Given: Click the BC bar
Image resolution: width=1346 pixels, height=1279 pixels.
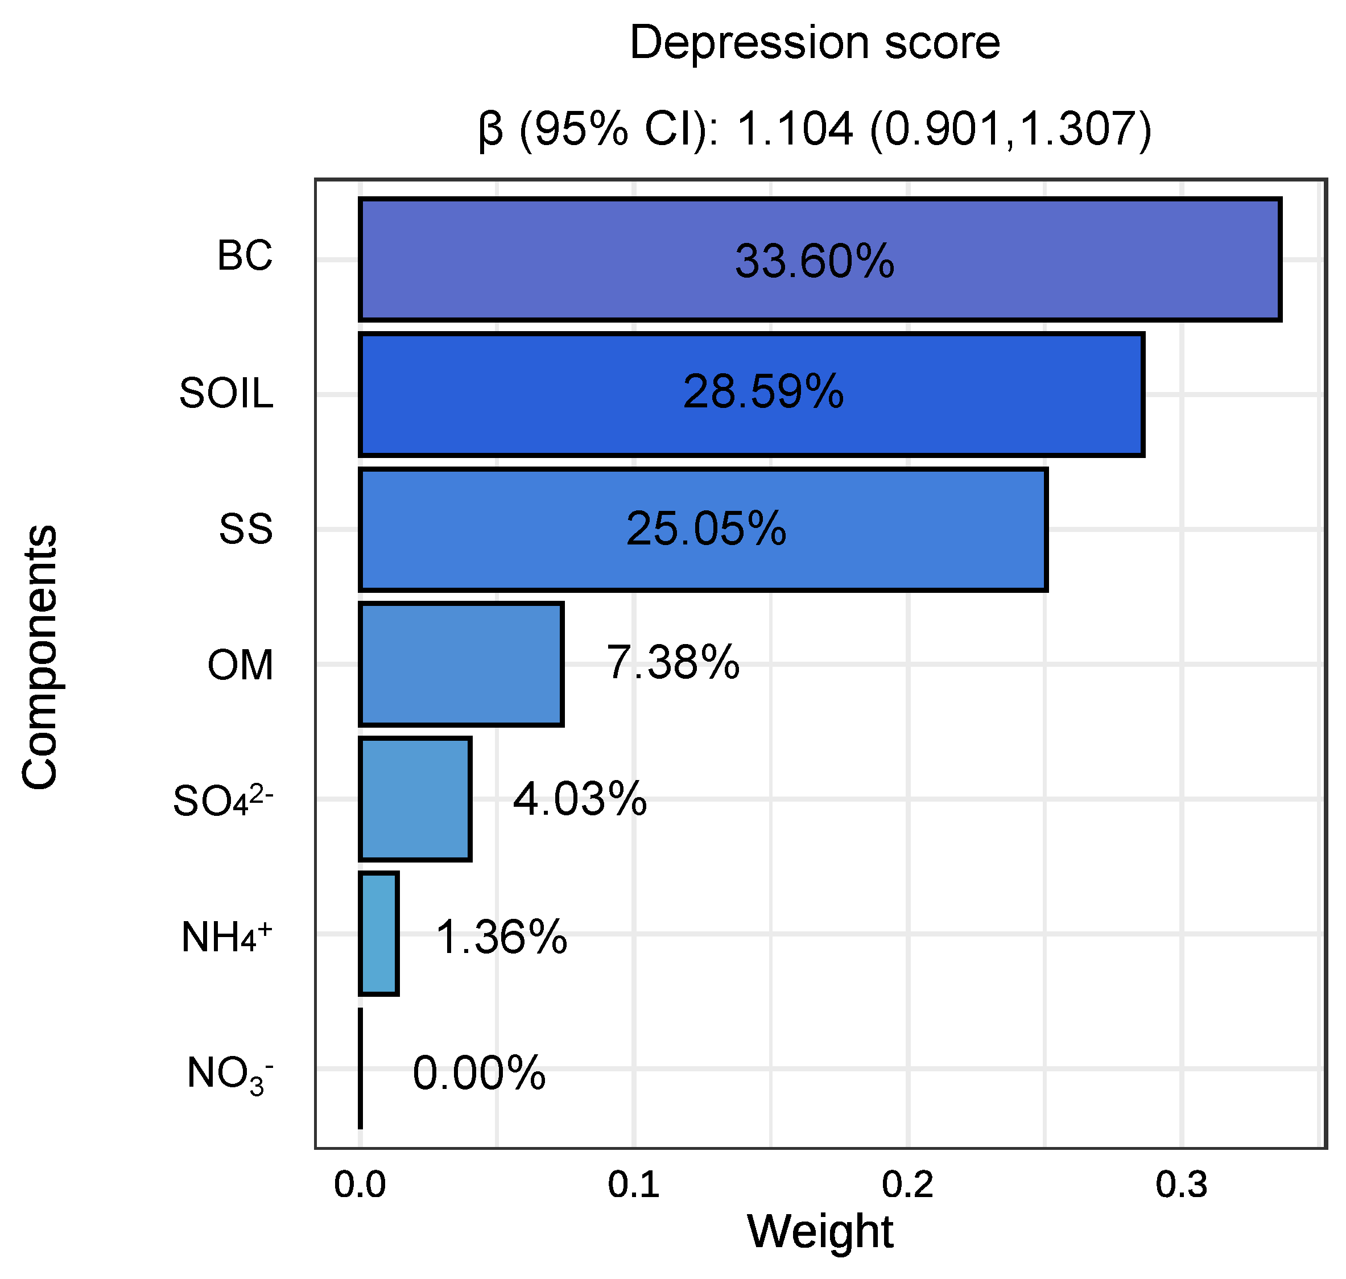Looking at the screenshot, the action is click(820, 259).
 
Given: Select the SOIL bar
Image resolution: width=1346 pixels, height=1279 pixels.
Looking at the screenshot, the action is click(751, 394).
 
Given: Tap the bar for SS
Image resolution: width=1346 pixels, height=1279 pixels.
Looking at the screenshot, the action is click(703, 529).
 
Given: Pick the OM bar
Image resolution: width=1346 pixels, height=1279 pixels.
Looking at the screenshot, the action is click(461, 664).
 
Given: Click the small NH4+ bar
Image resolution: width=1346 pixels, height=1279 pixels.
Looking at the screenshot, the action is click(378, 933).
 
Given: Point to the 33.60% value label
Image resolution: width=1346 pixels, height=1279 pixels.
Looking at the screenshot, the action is click(814, 261).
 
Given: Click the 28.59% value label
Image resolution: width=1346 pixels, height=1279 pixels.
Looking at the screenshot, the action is click(763, 392).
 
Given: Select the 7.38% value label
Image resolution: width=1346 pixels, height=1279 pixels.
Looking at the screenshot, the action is click(672, 662).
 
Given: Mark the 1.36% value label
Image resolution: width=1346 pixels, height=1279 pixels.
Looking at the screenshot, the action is click(501, 936).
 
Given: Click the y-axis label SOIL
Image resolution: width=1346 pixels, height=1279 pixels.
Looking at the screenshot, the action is click(226, 393).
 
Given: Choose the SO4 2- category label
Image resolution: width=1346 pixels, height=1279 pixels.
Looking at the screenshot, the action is click(223, 801).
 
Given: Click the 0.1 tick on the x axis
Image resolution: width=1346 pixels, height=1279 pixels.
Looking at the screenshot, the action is click(633, 1186).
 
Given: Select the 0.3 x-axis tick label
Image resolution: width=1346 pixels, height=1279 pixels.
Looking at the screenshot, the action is click(1181, 1186).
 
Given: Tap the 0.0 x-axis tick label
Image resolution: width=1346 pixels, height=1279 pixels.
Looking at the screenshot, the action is click(360, 1186).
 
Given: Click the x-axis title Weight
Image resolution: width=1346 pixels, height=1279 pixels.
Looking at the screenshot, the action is click(820, 1232).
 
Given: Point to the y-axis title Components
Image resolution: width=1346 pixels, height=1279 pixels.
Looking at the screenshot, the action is click(40, 658).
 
